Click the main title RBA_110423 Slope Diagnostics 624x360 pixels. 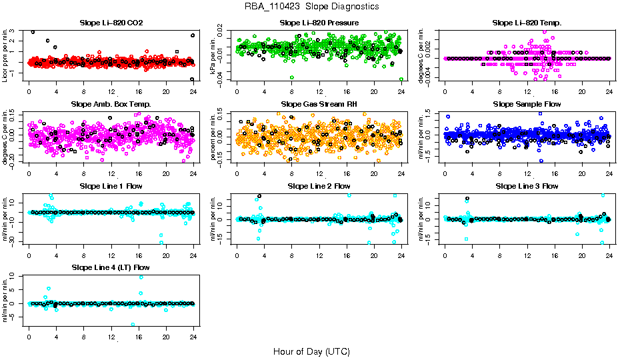[311, 6]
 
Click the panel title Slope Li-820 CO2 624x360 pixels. [111, 23]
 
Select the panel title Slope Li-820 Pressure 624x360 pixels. [319, 23]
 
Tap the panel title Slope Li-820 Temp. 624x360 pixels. [527, 23]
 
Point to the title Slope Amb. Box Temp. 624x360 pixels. [111, 104]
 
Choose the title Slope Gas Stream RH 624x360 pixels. [319, 104]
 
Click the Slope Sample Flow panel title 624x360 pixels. [527, 104]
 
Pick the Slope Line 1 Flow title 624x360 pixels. [111, 185]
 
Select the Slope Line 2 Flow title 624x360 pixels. [319, 185]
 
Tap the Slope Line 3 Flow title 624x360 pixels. [527, 185]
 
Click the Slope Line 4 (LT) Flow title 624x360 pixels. [111, 267]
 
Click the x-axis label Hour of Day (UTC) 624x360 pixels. [311, 351]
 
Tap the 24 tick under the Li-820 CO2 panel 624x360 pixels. [193, 91]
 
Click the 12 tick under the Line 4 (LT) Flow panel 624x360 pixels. [111, 336]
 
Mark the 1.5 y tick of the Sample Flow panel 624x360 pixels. [435, 113]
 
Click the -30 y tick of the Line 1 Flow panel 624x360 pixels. [16, 243]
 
